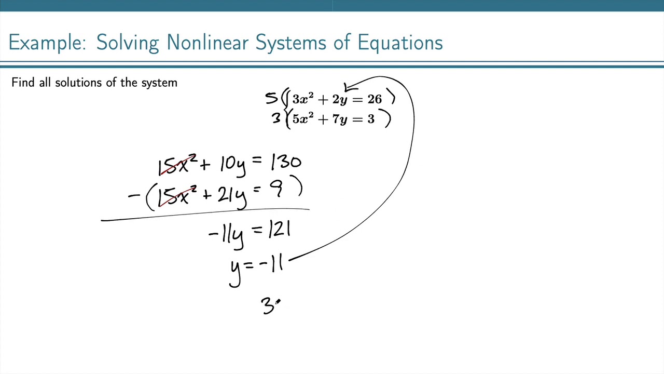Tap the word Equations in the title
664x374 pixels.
point(400,43)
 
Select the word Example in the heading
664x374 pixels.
point(47,43)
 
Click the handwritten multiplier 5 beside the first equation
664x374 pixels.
point(271,98)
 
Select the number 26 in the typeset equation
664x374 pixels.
point(375,99)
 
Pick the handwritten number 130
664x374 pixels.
point(285,163)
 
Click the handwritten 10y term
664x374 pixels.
point(232,164)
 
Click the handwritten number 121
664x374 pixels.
point(279,230)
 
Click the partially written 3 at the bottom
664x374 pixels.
point(269,306)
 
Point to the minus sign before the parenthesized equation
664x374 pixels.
point(134,196)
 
